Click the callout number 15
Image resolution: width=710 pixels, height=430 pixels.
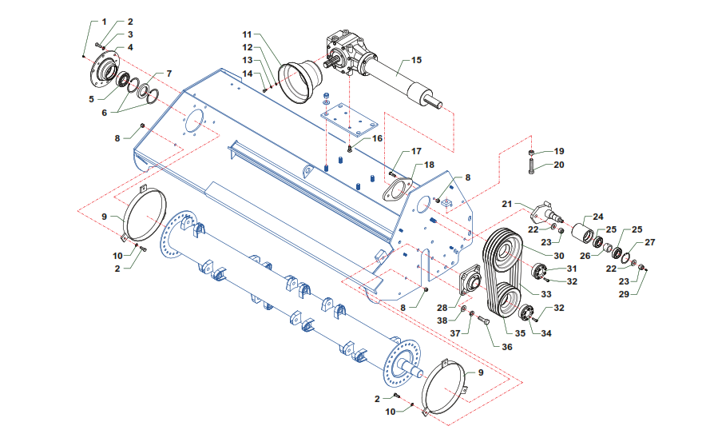pos(416,60)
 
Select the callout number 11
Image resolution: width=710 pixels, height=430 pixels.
pos(247,34)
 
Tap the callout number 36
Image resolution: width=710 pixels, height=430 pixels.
pos(507,347)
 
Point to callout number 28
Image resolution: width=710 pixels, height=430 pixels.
pos(442,309)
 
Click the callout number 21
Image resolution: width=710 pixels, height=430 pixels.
pos(507,204)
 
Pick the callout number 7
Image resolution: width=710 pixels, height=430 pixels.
pos(169,74)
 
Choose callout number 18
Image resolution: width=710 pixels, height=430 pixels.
pos(429,165)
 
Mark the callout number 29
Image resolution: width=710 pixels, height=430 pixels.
pos(624,294)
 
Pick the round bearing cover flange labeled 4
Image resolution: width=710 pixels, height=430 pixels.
pos(104,73)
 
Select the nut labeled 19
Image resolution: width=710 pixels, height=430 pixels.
pos(532,152)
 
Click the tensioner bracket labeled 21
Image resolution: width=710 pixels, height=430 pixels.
pos(546,213)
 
